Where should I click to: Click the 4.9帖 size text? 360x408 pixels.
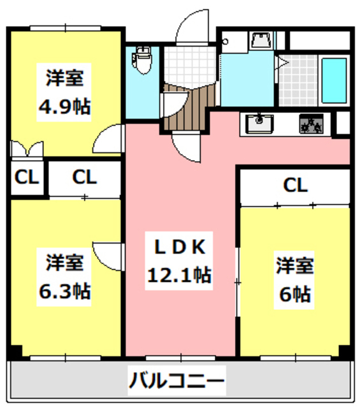[x=64, y=106]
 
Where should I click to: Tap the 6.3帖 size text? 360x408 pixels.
[x=64, y=291]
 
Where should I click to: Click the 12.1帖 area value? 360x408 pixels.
[x=179, y=275]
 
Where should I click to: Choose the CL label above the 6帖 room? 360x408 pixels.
[x=295, y=186]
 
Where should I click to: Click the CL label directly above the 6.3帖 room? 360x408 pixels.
[x=84, y=177]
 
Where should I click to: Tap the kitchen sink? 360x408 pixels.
[x=257, y=123]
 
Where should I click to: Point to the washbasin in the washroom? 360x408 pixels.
[x=261, y=41]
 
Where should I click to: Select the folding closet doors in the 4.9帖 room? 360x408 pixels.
[x=26, y=150]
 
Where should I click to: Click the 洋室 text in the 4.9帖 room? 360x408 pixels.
[x=64, y=79]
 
